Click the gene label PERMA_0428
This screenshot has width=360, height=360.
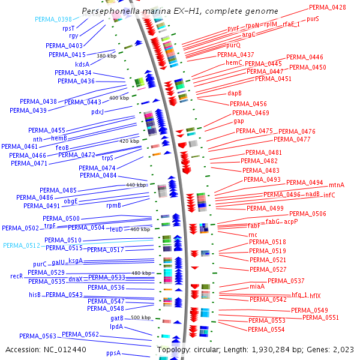tap(327, 7)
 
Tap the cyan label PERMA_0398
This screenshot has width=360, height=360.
tap(53, 19)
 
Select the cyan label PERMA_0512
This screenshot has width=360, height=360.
tap(21, 245)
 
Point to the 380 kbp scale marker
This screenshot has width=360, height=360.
tap(106, 56)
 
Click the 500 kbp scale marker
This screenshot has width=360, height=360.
tap(140, 317)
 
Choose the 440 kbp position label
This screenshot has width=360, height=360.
tap(137, 185)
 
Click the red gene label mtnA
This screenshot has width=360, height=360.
tap(336, 185)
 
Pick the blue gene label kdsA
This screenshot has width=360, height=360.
tap(82, 64)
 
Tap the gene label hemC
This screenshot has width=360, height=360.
tap(234, 62)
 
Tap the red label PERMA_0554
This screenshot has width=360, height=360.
tap(266, 329)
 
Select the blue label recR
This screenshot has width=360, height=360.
tap(16, 276)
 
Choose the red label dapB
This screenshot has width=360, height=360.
tap(235, 93)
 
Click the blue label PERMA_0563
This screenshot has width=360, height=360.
tap(37, 336)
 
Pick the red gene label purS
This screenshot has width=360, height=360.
tap(313, 19)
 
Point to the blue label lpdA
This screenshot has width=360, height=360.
tap(116, 326)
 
